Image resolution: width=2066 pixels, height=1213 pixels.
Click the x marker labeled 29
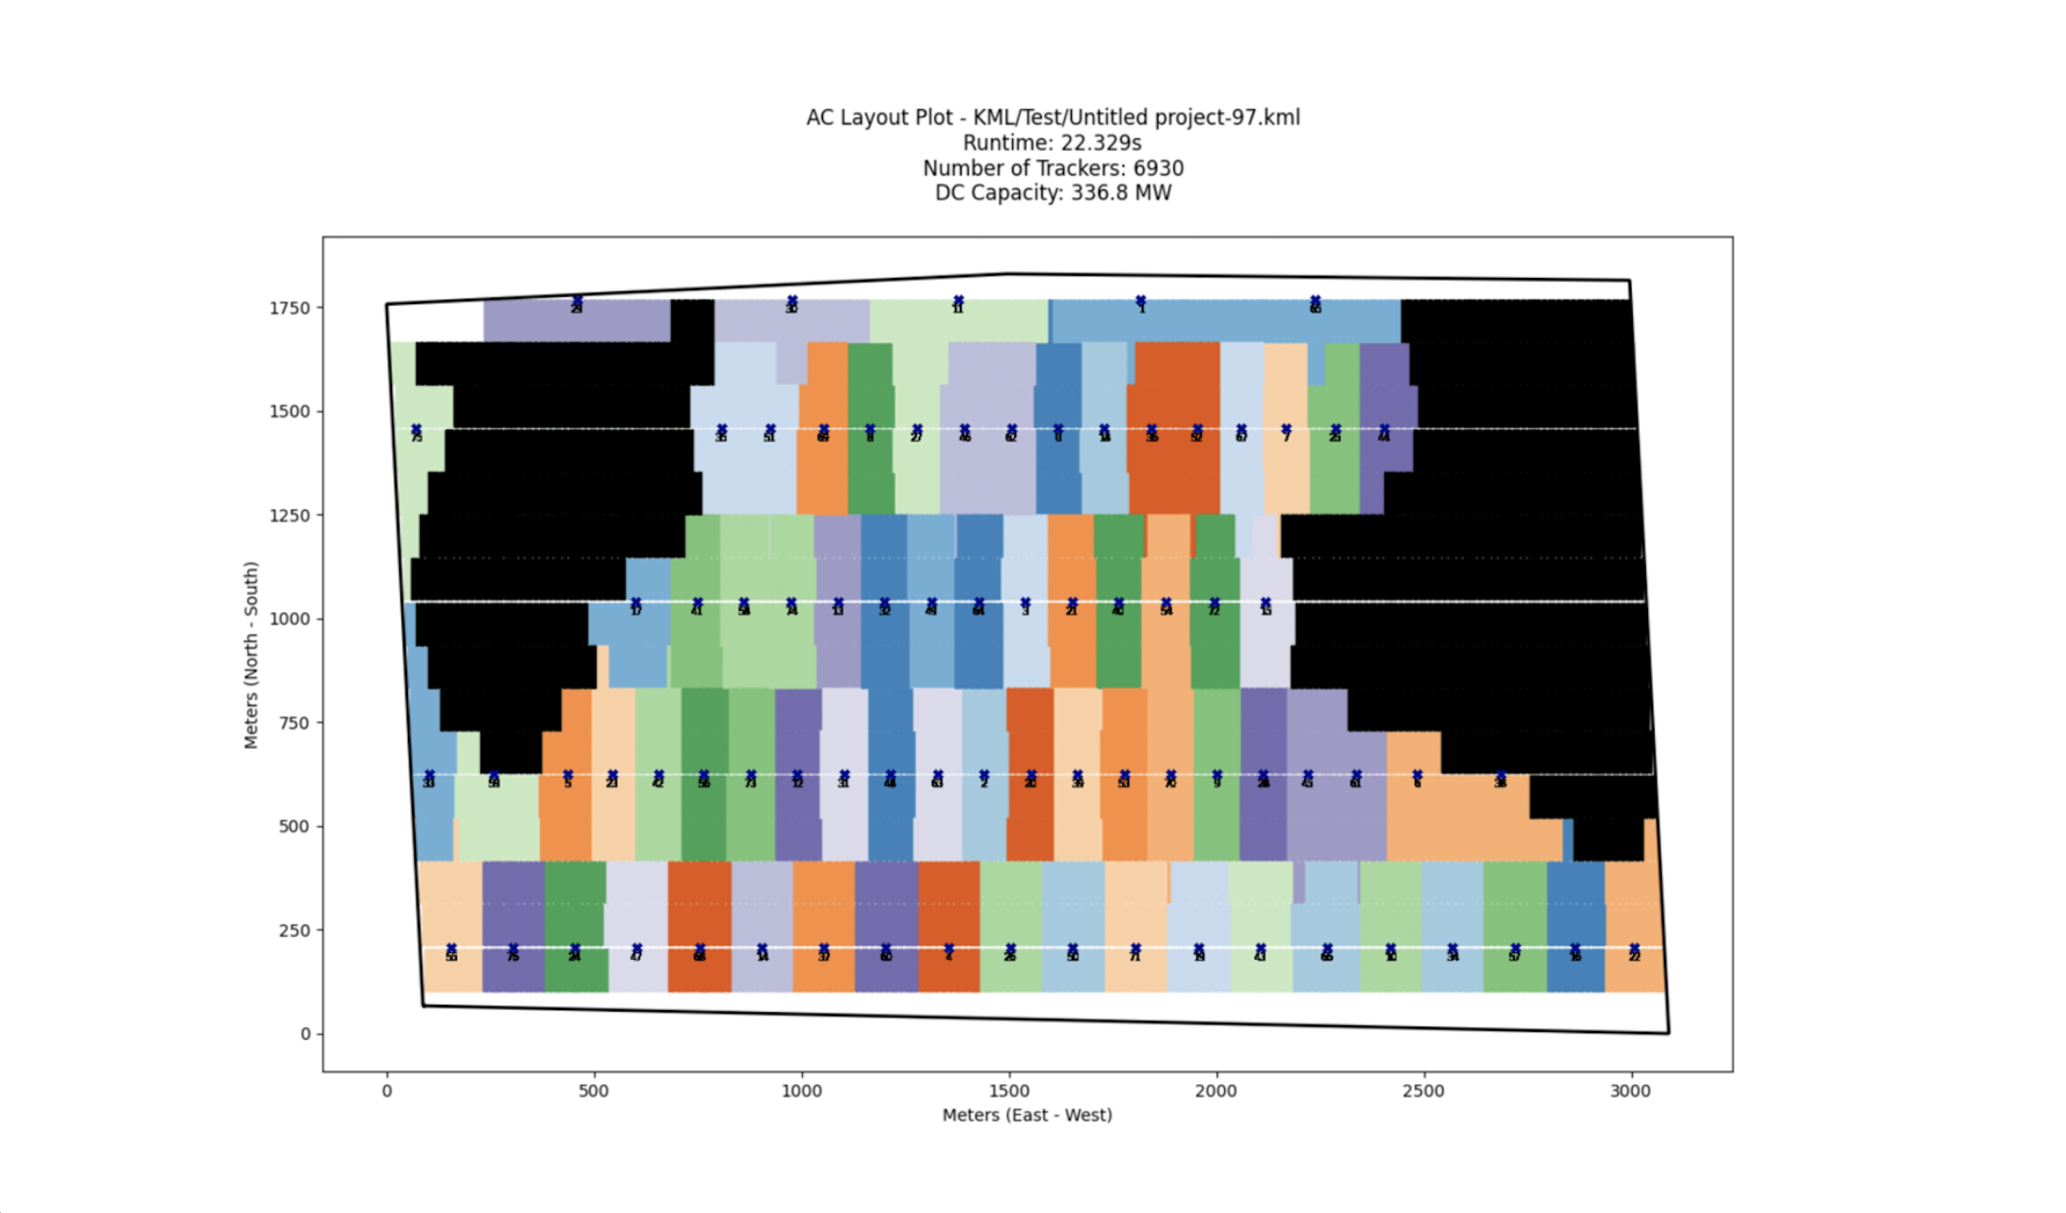[x=577, y=301]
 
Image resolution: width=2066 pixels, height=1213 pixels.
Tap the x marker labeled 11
[x=959, y=301]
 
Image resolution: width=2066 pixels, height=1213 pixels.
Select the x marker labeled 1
[x=1141, y=301]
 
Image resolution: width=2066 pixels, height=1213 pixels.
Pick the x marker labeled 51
[x=770, y=430]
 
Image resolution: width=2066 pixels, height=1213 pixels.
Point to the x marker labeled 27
[x=918, y=430]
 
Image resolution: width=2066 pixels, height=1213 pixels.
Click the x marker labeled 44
[x=1385, y=430]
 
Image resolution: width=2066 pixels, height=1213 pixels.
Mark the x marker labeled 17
[x=636, y=604]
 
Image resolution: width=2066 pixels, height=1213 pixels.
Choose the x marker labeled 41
[x=697, y=604]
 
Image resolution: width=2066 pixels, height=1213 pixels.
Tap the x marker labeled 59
[x=494, y=776]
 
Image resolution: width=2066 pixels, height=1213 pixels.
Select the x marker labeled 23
[x=612, y=776]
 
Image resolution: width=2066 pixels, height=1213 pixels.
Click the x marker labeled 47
[x=637, y=949]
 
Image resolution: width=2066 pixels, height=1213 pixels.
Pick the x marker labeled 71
[x=1136, y=949]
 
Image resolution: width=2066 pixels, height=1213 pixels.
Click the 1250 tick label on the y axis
[x=289, y=516]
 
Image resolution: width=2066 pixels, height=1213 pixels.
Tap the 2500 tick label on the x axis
[x=1424, y=1092]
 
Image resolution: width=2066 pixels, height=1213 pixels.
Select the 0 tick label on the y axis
[x=306, y=1034]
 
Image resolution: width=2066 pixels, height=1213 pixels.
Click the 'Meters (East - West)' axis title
[x=1027, y=1116]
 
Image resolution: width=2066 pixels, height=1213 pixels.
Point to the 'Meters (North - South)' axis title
[x=251, y=654]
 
